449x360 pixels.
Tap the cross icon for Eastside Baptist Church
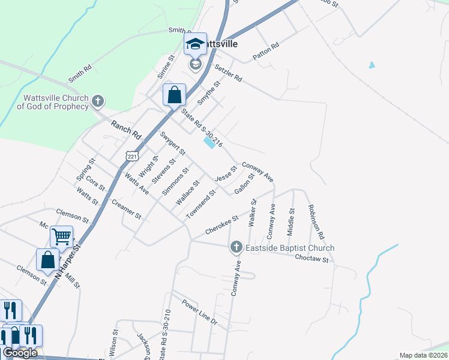(x=237, y=247)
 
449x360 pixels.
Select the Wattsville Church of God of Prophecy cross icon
(x=99, y=101)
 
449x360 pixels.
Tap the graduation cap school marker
(x=195, y=44)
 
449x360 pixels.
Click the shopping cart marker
(x=61, y=237)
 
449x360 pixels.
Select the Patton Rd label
(x=266, y=51)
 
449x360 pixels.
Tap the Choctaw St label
(x=312, y=259)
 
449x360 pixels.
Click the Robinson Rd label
(x=316, y=221)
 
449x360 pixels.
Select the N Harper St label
(x=68, y=262)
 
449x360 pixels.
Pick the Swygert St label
(x=172, y=143)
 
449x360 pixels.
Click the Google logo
(x=20, y=353)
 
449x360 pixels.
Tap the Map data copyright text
(x=423, y=355)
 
